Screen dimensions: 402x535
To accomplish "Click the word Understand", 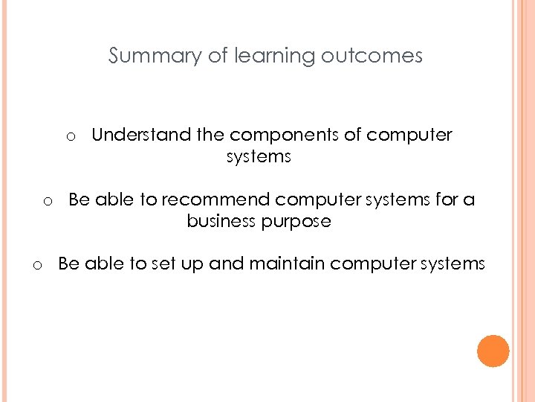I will click(x=140, y=135).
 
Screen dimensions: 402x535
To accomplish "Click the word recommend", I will click(x=215, y=200).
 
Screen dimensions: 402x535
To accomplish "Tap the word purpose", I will click(x=299, y=222).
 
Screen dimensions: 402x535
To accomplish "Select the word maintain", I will click(x=283, y=264).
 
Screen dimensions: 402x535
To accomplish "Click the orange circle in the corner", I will click(x=493, y=351).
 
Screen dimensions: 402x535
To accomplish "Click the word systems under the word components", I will click(x=259, y=156).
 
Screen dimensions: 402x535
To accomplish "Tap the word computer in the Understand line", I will click(x=409, y=135).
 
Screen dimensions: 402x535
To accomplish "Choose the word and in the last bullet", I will click(x=223, y=264).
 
